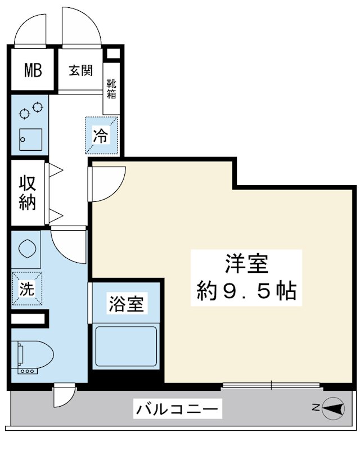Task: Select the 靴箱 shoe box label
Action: pos(111,88)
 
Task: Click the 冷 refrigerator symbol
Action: pos(101,136)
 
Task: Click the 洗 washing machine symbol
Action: pos(27,289)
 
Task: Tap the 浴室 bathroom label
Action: pos(127,304)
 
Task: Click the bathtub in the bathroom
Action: pos(127,346)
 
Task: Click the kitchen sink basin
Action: pos(30,139)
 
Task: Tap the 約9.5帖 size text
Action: pos(246,290)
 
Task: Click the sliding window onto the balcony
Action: pos(271,385)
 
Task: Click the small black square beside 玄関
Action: pos(113,55)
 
